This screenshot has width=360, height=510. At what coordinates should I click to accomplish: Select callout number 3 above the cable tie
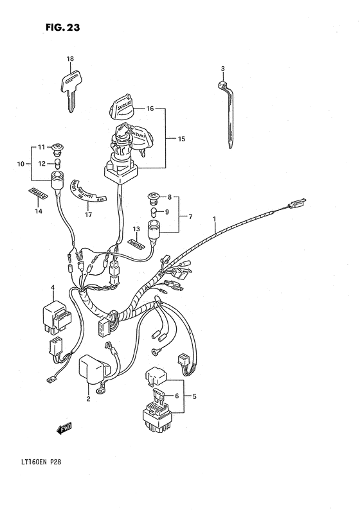pyautogui.click(x=222, y=69)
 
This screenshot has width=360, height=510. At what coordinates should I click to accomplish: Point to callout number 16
pyautogui.click(x=150, y=109)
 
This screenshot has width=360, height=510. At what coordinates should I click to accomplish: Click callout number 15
pyautogui.click(x=181, y=138)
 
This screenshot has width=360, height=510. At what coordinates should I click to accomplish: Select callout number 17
pyautogui.click(x=89, y=215)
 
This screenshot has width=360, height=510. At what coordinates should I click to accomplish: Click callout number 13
pyautogui.click(x=136, y=229)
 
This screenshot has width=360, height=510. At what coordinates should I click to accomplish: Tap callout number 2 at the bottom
pyautogui.click(x=89, y=399)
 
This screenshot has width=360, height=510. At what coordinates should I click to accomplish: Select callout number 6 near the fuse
pyautogui.click(x=175, y=396)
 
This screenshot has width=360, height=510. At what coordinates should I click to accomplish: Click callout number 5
pyautogui.click(x=195, y=396)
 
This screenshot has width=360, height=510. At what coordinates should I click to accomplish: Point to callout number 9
pyautogui.click(x=166, y=212)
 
